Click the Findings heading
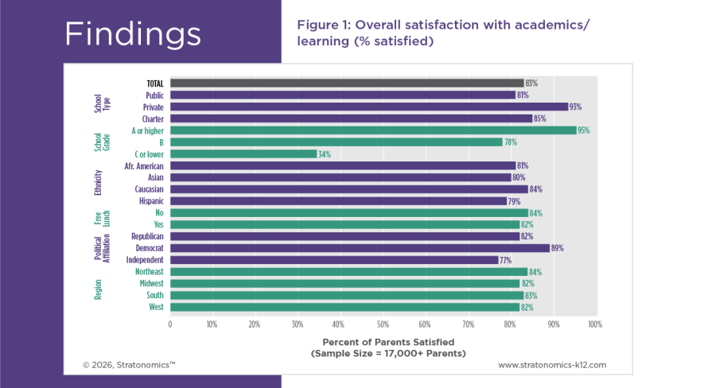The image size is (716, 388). coord(133,33)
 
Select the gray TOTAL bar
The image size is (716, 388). coord(346,83)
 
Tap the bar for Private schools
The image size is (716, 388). coord(368,107)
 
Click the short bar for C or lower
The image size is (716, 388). coord(243,153)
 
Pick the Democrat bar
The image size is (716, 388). coord(359,248)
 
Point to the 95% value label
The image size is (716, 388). coord(583,130)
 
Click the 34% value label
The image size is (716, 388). coord(324,153)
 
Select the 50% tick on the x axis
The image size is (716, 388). coord(382,324)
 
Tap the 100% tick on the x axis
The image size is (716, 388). coord(593,324)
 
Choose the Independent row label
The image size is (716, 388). coord(145,260)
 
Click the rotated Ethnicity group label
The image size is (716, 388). coord(99,183)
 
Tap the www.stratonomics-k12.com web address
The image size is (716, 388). coord(552,365)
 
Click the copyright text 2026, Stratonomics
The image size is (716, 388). coord(129,365)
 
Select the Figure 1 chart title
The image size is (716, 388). coord(444,33)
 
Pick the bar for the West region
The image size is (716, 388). coord(344,307)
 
